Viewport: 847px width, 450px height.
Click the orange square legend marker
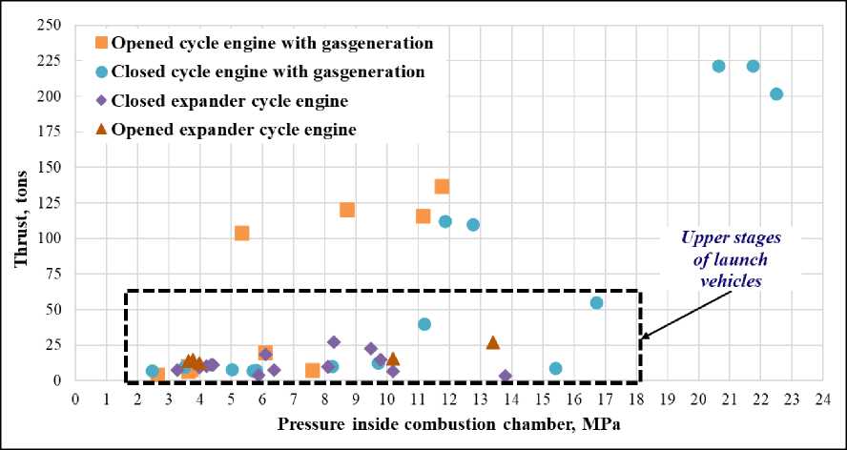[x=102, y=43]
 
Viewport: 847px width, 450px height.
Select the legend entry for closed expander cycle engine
[x=229, y=99]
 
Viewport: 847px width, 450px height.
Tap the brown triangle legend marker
[x=102, y=128]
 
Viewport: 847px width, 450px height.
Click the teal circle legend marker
[x=102, y=71]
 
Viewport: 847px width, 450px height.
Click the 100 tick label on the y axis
[x=53, y=96]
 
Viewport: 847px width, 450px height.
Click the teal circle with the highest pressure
[x=776, y=94]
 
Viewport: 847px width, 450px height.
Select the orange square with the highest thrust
[x=442, y=186]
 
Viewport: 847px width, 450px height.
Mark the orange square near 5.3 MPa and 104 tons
[x=241, y=233]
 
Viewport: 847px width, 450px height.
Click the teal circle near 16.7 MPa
[x=597, y=302]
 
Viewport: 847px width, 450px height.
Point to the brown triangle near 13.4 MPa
[x=493, y=342]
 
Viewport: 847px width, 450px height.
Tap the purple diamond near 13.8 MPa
[x=506, y=377]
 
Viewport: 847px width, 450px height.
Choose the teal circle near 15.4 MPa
[x=556, y=368]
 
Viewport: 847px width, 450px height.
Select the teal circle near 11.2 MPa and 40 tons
[x=424, y=324]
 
